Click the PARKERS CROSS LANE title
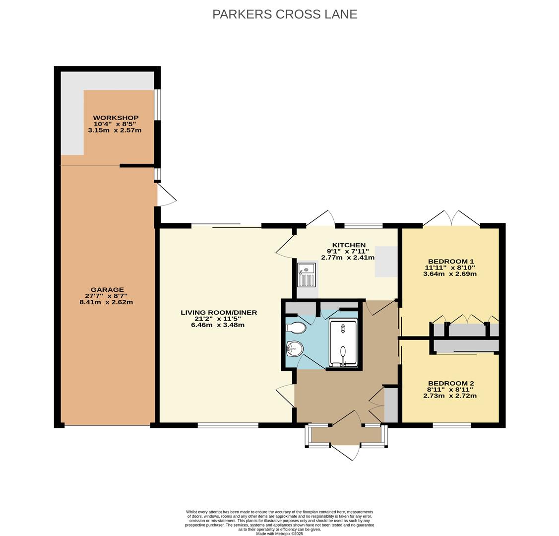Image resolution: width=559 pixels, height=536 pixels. (x=285, y=14)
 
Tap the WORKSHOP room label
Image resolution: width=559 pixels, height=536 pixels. (x=116, y=118)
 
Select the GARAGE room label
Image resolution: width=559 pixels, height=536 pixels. (x=107, y=290)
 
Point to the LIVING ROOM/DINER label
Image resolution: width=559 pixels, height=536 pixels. (x=218, y=313)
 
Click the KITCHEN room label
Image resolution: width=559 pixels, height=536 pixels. (x=349, y=245)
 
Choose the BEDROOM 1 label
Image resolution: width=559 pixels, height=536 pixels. (x=450, y=262)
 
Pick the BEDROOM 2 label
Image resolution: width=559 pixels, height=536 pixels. (x=450, y=383)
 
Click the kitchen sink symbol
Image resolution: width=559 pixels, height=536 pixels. (x=306, y=275)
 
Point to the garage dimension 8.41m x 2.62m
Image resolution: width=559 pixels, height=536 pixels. (x=106, y=302)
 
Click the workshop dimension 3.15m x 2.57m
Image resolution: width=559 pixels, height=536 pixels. (x=115, y=131)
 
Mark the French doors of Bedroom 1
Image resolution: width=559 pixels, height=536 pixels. (x=451, y=219)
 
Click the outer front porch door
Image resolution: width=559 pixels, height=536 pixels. (x=345, y=451)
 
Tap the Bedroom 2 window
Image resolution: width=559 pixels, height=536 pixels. (x=451, y=425)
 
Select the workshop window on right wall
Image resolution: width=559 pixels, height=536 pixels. (x=157, y=104)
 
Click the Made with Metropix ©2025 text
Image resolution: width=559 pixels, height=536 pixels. (x=279, y=534)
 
